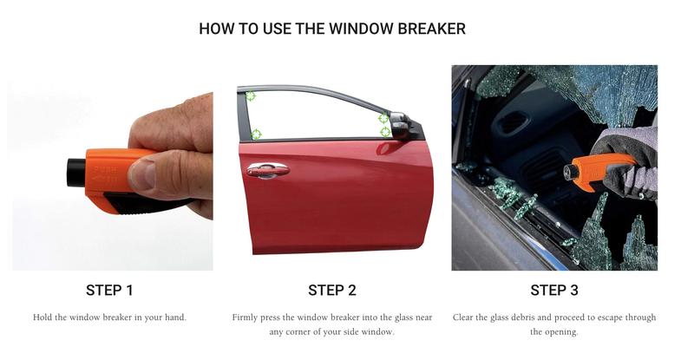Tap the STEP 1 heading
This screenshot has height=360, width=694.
109,290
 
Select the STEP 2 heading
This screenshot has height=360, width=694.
332,290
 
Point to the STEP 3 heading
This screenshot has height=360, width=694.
554,290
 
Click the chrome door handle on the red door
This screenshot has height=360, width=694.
267,170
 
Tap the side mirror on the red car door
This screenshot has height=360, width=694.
402,127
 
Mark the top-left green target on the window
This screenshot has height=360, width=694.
250,96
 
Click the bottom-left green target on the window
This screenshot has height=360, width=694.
255,134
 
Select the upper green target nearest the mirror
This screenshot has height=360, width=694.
383,118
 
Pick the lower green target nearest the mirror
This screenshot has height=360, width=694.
385,132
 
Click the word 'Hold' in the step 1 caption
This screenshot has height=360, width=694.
44,317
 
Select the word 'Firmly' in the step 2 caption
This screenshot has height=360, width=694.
247,317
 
